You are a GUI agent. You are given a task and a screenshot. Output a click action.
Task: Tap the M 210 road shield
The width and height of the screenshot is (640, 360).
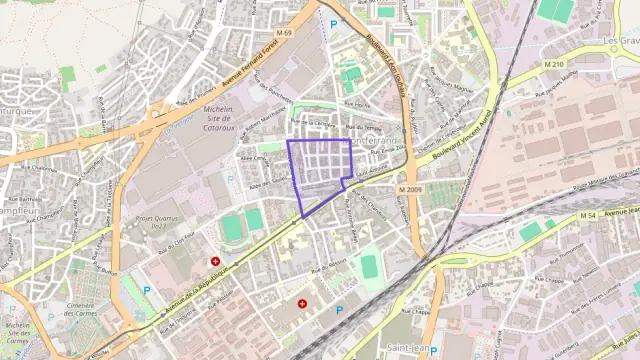555,64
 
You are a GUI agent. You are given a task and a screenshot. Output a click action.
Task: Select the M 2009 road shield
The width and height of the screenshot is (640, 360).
409,189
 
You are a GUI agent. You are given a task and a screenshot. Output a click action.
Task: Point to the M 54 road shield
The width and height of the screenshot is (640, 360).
587,215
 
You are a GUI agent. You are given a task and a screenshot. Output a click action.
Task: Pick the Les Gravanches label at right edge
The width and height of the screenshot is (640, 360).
622,42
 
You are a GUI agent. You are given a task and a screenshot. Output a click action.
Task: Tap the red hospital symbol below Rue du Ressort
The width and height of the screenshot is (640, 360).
302,303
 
